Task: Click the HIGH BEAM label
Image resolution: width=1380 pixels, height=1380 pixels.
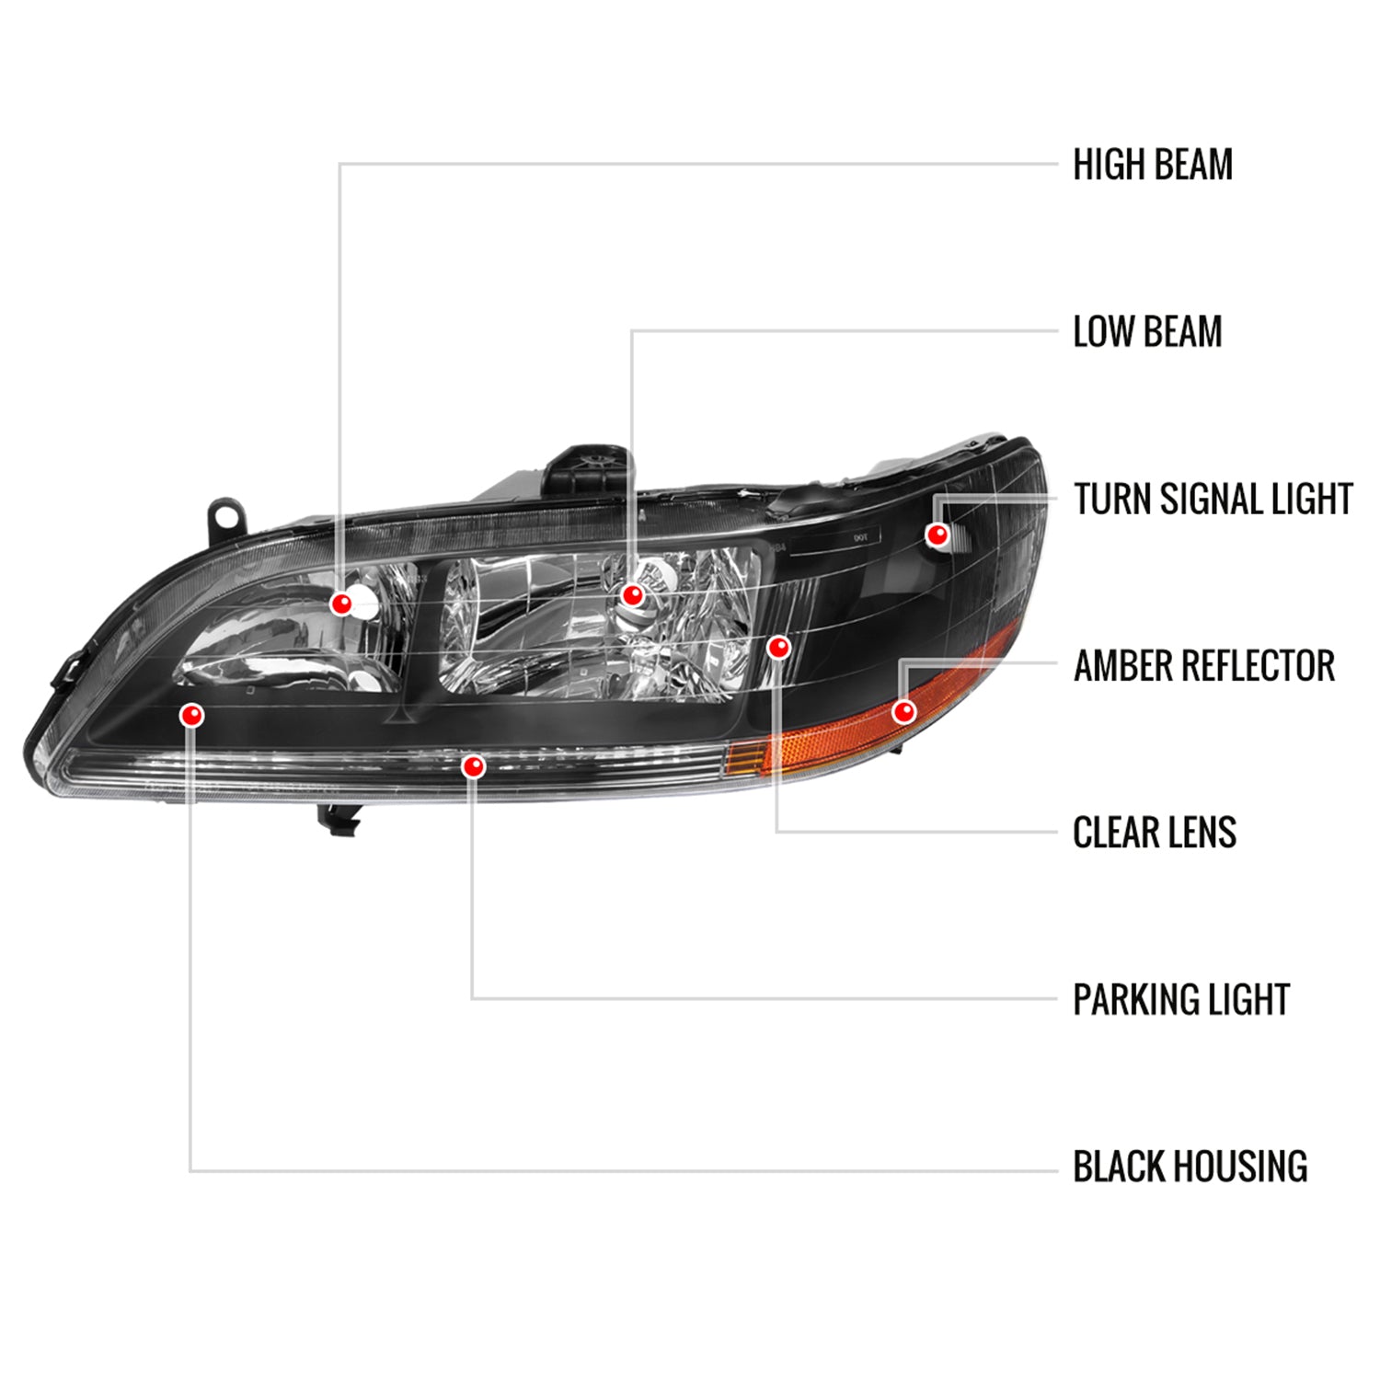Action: coord(1153,165)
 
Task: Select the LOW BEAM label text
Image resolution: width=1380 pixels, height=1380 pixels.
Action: coord(1147,332)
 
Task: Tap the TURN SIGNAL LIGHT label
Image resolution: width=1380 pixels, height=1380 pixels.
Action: coord(1213,499)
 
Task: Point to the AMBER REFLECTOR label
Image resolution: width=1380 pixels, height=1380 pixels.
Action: coord(1203,666)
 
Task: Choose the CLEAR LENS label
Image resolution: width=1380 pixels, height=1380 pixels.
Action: coord(1155,833)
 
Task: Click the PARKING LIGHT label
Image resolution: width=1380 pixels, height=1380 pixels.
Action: coord(1181,1000)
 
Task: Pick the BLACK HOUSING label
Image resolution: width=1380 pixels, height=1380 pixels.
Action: coord(1190,1167)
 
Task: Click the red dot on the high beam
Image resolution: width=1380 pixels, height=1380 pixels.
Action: coord(341,604)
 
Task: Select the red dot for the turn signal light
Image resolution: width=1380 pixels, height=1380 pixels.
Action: coord(937,535)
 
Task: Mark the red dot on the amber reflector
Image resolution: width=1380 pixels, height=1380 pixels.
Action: coord(904,711)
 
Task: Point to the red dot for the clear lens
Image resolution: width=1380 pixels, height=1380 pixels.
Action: coord(779,648)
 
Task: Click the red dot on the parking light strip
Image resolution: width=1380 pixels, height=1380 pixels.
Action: coord(474,765)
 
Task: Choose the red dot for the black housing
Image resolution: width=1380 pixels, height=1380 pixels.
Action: coord(192,715)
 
